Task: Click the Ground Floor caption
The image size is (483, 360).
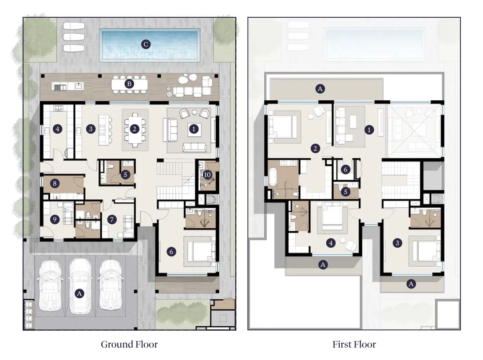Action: point(129,344)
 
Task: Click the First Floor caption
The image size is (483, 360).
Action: point(354,344)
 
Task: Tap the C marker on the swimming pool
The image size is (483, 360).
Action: point(146,44)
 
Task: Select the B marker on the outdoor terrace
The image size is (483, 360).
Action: point(129,84)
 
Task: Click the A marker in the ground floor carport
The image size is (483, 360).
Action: point(79,293)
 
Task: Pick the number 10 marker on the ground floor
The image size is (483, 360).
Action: point(207,175)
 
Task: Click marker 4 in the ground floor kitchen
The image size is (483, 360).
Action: point(58,129)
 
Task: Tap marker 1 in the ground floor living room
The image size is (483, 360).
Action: point(194,129)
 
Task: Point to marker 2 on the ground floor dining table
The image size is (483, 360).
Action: point(135,129)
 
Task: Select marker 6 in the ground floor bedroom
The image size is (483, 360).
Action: point(171,252)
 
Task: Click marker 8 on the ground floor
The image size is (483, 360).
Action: point(55,184)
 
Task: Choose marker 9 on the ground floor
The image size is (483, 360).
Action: point(55,219)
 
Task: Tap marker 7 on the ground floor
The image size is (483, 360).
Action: point(112,219)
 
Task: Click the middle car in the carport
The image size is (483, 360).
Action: point(80,286)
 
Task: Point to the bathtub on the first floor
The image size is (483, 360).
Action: point(273,177)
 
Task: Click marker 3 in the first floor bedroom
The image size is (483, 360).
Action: point(397,243)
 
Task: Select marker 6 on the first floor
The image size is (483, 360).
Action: point(345,170)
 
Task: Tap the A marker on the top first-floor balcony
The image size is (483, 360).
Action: point(320,89)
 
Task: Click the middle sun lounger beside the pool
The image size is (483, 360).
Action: point(74,37)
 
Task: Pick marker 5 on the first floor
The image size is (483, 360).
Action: point(345,192)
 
